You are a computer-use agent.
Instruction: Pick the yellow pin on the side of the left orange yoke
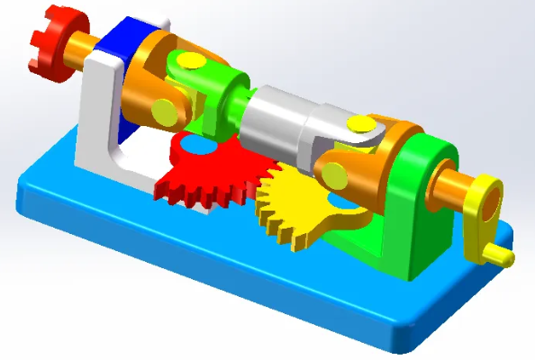tap(165, 111)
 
